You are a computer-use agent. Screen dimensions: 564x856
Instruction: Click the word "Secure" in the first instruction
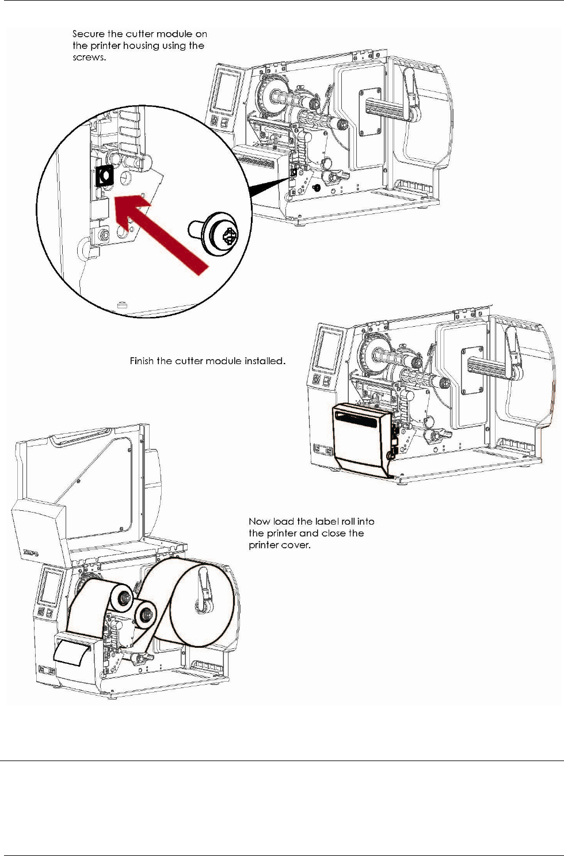[88, 34]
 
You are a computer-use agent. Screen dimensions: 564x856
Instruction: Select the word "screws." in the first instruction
[89, 58]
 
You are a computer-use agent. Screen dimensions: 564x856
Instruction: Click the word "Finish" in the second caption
[142, 361]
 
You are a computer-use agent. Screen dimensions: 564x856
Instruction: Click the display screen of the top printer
[226, 91]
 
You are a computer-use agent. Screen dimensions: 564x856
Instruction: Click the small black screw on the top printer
[316, 188]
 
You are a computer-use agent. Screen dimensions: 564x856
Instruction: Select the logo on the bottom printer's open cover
[31, 552]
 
